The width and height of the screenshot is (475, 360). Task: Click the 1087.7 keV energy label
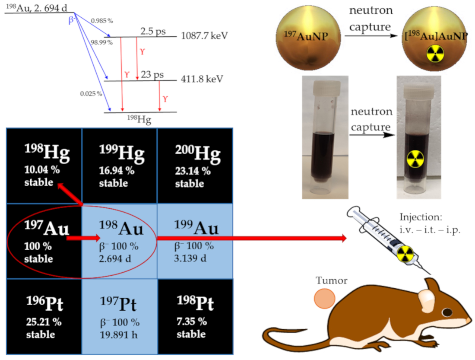point(205,37)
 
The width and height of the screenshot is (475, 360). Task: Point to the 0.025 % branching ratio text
point(91,93)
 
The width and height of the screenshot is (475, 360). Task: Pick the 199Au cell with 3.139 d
point(195,241)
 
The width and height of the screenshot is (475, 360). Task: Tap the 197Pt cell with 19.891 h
point(120,316)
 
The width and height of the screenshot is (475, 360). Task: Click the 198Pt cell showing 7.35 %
point(195,316)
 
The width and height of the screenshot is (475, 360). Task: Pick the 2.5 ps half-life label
point(152,32)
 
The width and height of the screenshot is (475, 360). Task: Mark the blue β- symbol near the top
point(72,20)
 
